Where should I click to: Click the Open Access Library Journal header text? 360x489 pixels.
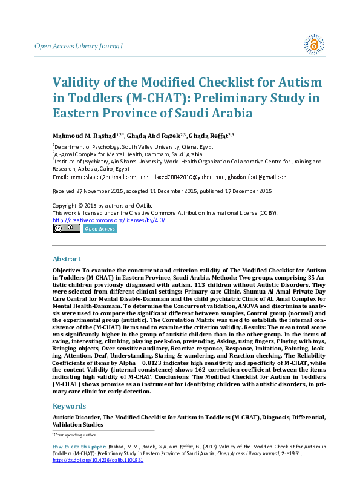point(78,46)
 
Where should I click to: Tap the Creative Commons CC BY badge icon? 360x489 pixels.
point(66,229)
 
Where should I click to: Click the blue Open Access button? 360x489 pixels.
point(99,229)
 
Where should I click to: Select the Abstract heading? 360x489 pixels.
point(67,259)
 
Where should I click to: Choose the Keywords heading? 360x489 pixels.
point(70,406)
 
